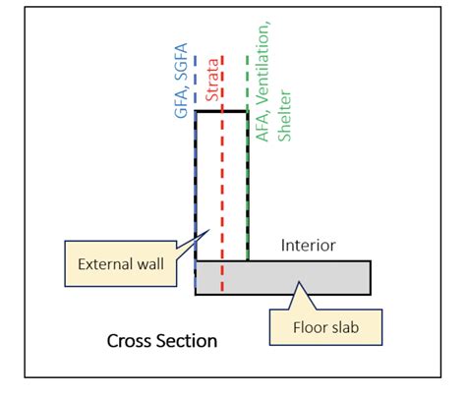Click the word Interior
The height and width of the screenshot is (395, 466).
[309, 246]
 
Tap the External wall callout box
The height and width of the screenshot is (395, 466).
[121, 263]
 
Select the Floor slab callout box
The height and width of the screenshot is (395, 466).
[325, 327]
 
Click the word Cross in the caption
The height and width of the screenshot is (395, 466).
[128, 341]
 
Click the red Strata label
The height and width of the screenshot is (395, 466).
[212, 80]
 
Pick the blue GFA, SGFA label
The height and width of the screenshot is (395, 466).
[181, 81]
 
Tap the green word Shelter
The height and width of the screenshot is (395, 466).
[284, 115]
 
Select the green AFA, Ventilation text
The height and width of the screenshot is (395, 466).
[262, 82]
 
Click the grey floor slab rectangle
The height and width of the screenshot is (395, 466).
[283, 278]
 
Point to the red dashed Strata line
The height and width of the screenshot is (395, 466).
[222, 173]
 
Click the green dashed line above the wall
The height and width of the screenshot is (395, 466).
[248, 84]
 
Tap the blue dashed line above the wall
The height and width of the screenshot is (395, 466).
[196, 84]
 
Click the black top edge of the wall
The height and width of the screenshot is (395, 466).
[221, 112]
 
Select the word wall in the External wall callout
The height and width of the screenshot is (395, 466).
[150, 264]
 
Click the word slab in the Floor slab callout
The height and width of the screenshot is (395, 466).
[345, 327]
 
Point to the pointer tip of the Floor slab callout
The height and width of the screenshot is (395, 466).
[299, 282]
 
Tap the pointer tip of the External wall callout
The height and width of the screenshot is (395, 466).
[209, 230]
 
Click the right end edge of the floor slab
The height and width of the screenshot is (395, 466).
[371, 278]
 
